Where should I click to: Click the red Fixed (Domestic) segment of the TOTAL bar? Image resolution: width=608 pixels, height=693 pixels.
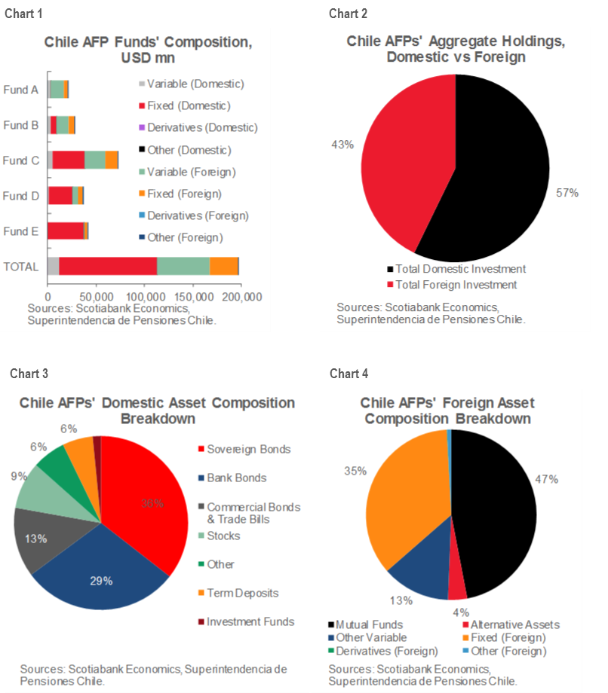click(108, 266)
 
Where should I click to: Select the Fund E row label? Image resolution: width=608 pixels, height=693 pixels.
click(20, 231)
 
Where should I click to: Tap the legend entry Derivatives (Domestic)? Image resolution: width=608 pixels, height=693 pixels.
click(201, 128)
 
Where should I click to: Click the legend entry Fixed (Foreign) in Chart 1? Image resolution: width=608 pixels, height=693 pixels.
click(192, 194)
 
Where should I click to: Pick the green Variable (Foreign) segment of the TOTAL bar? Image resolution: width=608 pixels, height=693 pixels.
click(183, 266)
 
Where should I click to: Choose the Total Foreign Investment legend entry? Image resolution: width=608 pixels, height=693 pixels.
click(456, 285)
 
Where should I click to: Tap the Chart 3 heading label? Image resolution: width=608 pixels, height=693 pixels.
click(29, 374)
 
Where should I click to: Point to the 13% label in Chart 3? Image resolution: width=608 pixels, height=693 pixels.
click(36, 539)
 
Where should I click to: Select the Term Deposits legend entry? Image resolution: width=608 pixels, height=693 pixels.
click(241, 593)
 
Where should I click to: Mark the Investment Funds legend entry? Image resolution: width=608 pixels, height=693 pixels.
click(250, 621)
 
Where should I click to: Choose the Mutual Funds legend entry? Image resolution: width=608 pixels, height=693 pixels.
click(369, 624)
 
